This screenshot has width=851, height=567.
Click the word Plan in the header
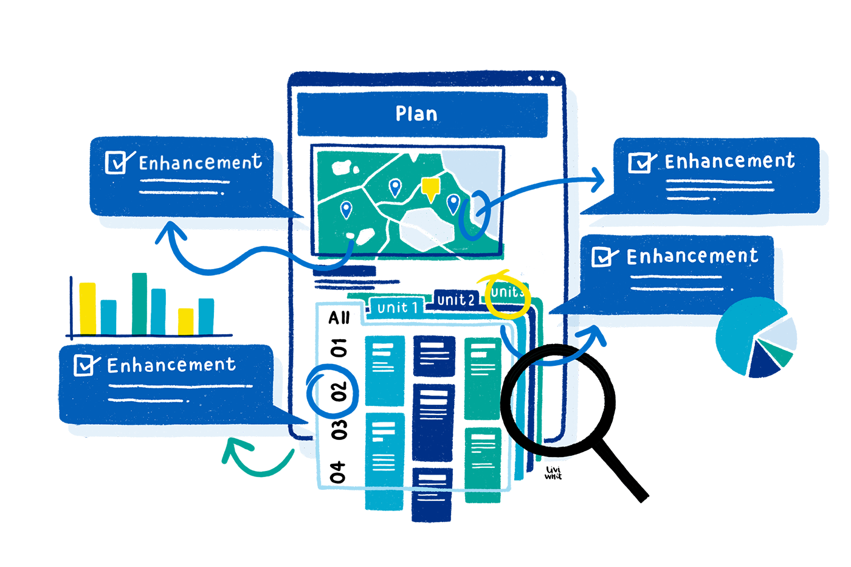(416, 114)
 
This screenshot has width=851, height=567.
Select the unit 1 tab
(398, 308)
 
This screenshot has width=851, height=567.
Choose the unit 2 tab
(455, 300)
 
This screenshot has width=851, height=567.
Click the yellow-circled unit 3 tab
(506, 293)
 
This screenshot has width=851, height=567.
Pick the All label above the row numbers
(339, 318)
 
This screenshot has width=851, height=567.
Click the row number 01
(339, 348)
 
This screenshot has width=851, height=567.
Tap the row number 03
(339, 430)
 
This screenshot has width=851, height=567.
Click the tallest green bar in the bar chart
(139, 303)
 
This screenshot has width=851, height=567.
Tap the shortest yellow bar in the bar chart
(186, 321)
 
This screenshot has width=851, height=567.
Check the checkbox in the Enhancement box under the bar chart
(84, 365)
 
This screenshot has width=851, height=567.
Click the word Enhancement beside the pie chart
(692, 256)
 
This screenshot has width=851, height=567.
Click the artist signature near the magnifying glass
(553, 473)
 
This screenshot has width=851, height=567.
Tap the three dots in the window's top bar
(541, 78)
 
